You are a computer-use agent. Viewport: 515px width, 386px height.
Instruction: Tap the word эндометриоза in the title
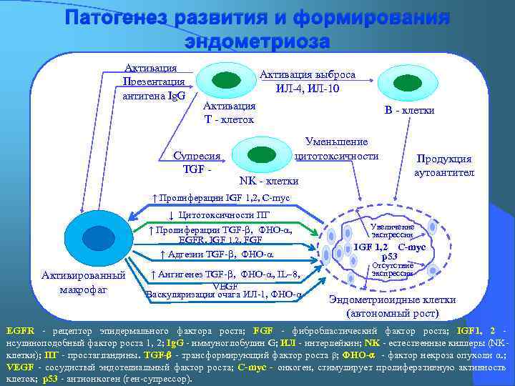point(257,41)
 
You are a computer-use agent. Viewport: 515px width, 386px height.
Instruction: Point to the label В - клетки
point(409,110)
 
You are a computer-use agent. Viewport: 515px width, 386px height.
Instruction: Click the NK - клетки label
point(268,180)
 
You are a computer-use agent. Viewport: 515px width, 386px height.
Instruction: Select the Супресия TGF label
point(197,162)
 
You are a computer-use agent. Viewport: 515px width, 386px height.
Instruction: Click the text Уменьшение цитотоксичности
point(336,149)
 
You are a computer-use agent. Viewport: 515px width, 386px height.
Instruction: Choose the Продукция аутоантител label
point(443,166)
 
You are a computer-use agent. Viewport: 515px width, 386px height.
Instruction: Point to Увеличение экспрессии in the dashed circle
point(392,230)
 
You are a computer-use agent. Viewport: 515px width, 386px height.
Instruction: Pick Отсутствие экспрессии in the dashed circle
point(392,269)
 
